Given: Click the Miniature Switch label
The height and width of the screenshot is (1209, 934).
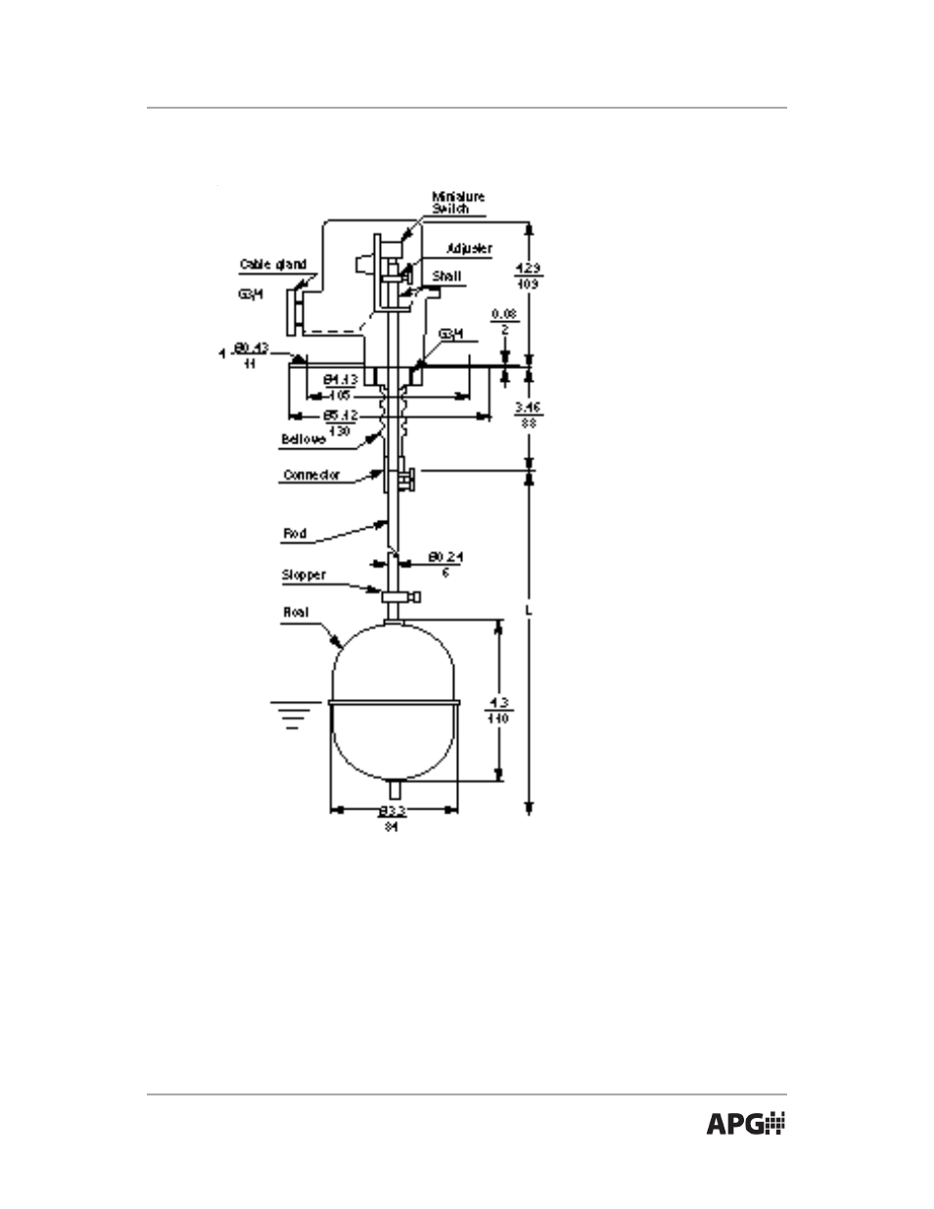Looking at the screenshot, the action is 458,203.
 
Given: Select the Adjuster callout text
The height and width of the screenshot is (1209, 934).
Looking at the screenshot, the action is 469,249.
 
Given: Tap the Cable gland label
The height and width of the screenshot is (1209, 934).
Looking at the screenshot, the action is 273,264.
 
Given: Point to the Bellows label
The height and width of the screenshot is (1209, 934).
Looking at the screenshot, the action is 304,441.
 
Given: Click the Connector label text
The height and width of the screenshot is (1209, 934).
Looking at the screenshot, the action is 311,476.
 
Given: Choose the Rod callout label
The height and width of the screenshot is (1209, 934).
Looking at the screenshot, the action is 295,534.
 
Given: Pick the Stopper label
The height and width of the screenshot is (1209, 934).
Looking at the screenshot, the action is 304,575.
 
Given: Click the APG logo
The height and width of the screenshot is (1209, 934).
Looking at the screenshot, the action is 746,1125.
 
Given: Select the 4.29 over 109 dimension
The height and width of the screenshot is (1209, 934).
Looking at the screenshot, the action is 527,274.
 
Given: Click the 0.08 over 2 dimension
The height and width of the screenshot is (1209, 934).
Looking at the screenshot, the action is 504,321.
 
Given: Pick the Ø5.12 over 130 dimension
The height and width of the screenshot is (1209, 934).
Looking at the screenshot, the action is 341,422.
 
